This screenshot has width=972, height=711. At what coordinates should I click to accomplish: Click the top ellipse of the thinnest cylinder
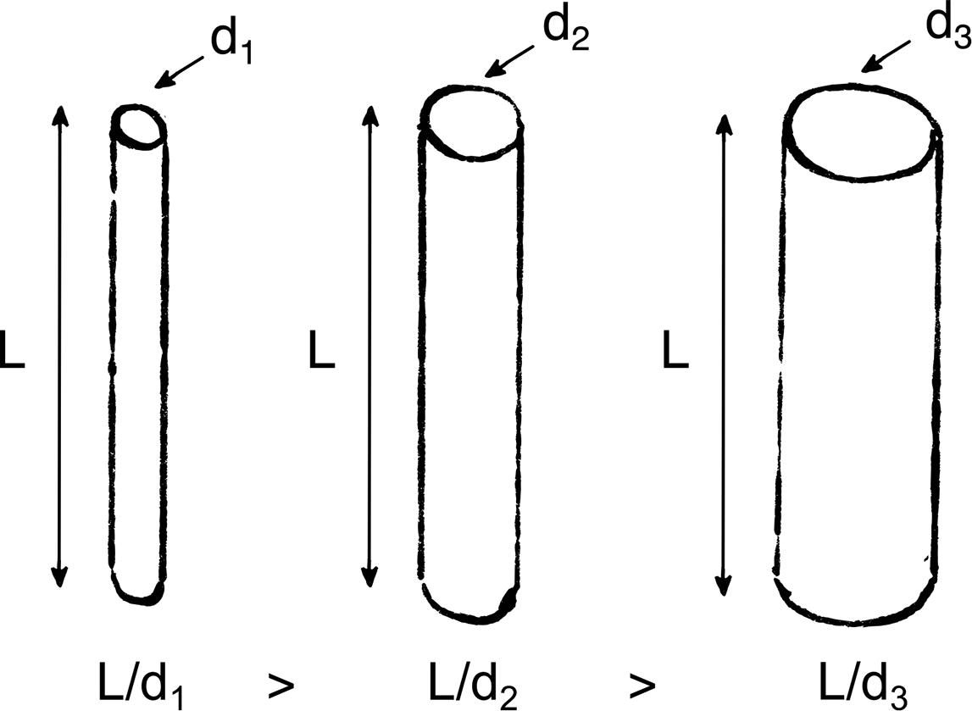(x=138, y=127)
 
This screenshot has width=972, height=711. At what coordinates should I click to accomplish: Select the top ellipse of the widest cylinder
(x=861, y=133)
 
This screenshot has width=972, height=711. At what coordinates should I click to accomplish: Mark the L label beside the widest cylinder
(x=675, y=355)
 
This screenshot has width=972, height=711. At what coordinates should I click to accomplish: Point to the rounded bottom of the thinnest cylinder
(x=139, y=592)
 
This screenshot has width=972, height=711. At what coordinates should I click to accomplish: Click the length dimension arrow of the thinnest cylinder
(x=58, y=347)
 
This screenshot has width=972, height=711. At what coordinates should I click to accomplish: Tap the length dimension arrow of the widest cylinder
(x=724, y=356)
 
